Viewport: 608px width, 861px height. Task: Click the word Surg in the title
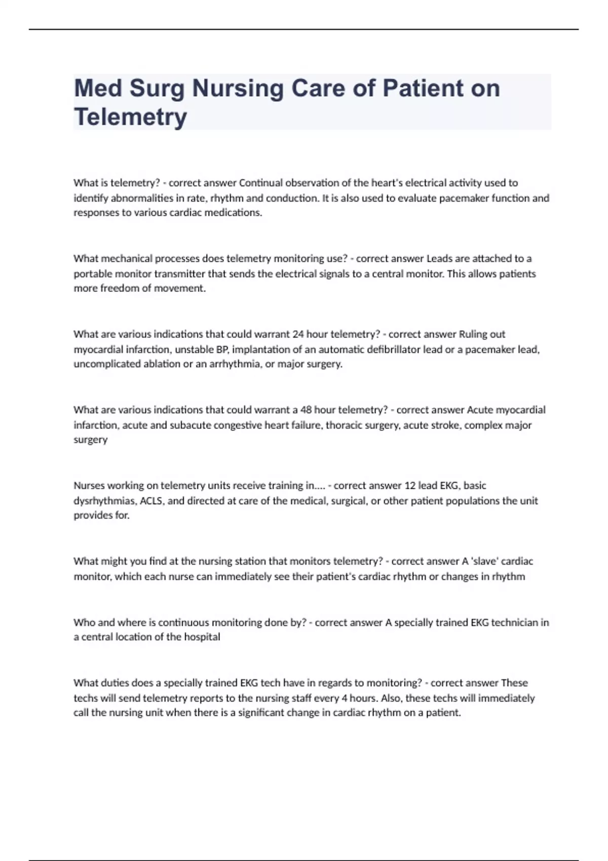156,89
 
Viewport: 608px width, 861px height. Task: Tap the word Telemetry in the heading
130,117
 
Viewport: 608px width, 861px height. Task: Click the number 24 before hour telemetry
298,334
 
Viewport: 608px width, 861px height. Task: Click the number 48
306,410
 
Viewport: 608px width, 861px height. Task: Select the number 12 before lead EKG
409,486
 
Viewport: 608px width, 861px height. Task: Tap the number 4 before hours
344,698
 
